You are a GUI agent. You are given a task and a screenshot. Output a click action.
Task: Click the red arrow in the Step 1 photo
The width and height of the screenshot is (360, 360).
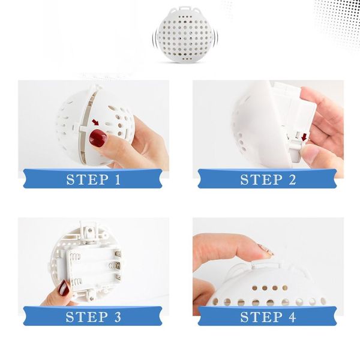[95, 122]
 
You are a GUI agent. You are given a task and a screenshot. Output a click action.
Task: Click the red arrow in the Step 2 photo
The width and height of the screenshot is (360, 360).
[304, 137]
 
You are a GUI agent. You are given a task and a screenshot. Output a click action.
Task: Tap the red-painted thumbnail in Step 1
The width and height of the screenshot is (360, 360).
[98, 137]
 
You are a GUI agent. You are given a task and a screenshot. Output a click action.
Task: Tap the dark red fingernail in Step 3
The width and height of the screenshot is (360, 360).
[63, 288]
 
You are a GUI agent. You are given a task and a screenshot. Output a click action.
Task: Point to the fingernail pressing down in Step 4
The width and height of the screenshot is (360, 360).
[266, 250]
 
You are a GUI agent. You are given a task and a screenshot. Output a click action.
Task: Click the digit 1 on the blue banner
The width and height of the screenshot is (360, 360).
[118, 179]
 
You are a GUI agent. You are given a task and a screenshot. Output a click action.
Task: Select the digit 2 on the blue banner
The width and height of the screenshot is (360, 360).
[292, 179]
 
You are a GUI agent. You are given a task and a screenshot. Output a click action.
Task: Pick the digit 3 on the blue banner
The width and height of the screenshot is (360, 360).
[118, 317]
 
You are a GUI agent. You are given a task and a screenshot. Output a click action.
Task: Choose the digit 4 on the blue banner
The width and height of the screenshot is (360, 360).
[292, 317]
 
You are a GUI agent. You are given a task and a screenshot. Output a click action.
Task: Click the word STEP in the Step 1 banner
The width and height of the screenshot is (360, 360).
[88, 179]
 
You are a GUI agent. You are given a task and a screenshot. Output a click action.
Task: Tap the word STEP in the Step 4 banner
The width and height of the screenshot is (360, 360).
[261, 317]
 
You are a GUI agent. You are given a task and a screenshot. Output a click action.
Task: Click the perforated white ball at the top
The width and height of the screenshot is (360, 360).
[184, 34]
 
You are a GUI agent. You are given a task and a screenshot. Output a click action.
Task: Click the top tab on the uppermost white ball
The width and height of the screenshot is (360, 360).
[184, 8]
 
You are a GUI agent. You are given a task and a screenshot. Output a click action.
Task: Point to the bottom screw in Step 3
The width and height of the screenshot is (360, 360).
[92, 298]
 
